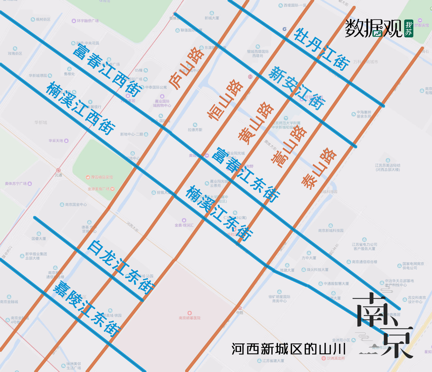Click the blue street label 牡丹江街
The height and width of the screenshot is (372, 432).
pos(321,49)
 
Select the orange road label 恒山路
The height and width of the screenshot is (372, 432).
pos(225,100)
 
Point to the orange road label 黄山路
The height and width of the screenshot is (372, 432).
pos(255,123)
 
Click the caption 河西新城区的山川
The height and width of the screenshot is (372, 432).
pos(289,349)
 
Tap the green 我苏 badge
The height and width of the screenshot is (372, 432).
pos(408,29)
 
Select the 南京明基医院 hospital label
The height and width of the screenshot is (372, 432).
pos(190,318)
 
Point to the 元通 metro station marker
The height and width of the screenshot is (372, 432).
pos(59,171)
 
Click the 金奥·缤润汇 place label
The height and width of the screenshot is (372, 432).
pos(184,225)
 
